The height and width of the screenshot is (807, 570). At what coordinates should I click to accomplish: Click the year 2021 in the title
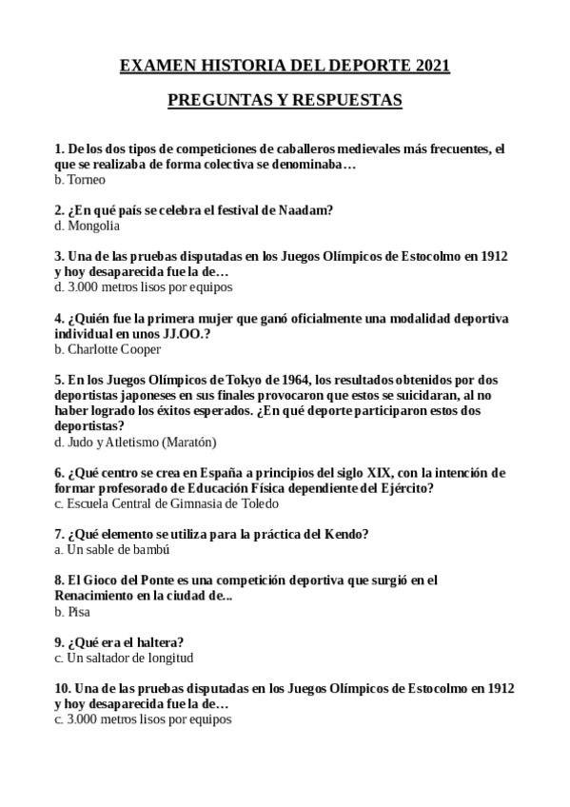coord(432,66)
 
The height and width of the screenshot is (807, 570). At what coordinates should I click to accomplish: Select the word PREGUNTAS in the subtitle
coord(214,100)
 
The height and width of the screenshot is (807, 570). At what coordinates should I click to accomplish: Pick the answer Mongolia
coord(93,226)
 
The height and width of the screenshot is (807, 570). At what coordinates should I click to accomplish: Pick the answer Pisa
coord(79,612)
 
